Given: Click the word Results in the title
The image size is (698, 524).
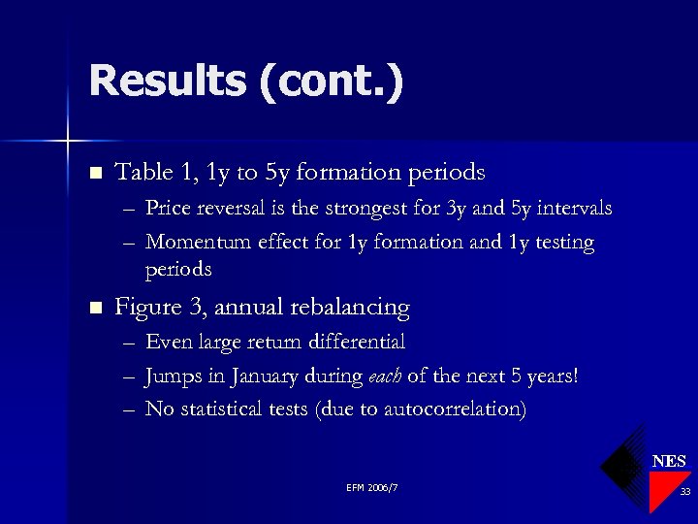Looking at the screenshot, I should coord(167,81).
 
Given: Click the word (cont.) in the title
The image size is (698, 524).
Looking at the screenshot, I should coord(330,81).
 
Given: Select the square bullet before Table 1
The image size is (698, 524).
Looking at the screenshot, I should coord(94,174).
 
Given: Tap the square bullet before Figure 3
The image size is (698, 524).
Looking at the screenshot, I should coord(94,309).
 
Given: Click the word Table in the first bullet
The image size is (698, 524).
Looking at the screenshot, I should coord(141,173).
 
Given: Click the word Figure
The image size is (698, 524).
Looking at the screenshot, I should coord(146,309).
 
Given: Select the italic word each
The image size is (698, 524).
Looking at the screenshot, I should coord(381,377).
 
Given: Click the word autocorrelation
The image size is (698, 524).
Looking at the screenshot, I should coord(455,409).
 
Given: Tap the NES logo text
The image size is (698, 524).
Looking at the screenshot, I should coord(668,461).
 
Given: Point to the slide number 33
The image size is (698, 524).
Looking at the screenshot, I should coord(684,493).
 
